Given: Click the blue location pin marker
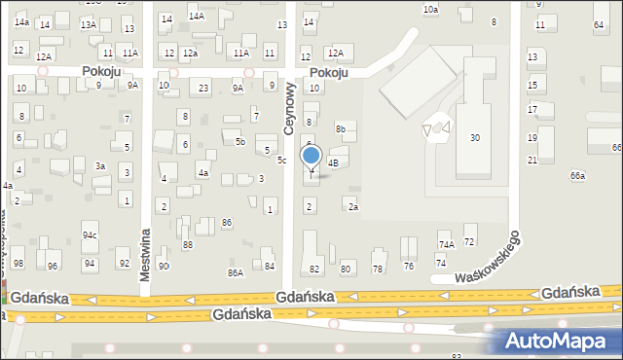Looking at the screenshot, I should (311, 157).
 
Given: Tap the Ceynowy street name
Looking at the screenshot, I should (289, 108).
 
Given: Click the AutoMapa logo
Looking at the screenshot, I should (561, 342).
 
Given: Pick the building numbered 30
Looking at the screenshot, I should (475, 138).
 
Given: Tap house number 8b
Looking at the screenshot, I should (341, 128).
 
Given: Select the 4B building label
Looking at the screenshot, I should (332, 162).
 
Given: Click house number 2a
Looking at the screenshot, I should (353, 206).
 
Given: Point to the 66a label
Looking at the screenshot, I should (577, 175).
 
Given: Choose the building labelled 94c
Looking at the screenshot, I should (90, 235).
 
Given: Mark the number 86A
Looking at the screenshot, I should (236, 273).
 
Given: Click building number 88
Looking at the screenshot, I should (188, 245).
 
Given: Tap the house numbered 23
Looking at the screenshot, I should (203, 89).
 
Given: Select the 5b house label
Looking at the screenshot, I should (239, 142).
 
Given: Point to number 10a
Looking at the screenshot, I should (430, 9).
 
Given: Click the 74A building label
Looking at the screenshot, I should (446, 245).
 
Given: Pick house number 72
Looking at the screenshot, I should (469, 240).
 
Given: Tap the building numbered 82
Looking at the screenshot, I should (313, 269).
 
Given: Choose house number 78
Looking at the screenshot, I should (378, 269).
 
